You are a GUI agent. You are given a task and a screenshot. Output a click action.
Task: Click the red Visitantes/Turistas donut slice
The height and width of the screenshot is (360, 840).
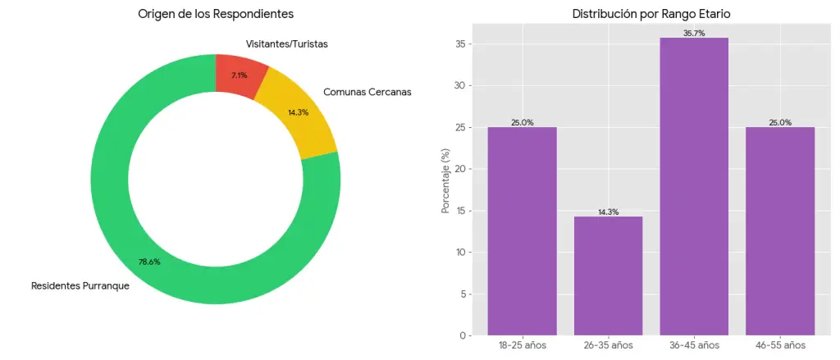[240, 75]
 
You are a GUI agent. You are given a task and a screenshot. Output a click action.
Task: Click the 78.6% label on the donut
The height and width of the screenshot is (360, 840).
[149, 262]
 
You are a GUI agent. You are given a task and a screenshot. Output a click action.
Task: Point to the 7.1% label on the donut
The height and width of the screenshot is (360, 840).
[239, 75]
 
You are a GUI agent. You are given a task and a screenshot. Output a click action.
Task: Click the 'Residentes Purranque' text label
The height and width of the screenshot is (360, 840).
[80, 286]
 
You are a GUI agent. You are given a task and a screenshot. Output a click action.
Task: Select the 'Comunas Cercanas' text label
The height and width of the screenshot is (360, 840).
[367, 92]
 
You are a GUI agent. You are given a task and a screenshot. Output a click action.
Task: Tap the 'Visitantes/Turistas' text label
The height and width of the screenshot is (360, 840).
[286, 43]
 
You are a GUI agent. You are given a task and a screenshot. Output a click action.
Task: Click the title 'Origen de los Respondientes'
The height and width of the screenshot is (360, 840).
[216, 14]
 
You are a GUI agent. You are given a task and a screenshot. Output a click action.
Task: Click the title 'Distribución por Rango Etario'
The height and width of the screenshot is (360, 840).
[651, 14]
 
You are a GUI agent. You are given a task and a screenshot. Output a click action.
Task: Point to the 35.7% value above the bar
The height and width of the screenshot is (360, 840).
[694, 34]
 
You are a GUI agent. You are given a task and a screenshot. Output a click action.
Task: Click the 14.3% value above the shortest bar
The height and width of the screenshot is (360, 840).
[608, 212]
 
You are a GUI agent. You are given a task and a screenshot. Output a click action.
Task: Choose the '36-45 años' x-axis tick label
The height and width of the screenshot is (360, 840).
[694, 346]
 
